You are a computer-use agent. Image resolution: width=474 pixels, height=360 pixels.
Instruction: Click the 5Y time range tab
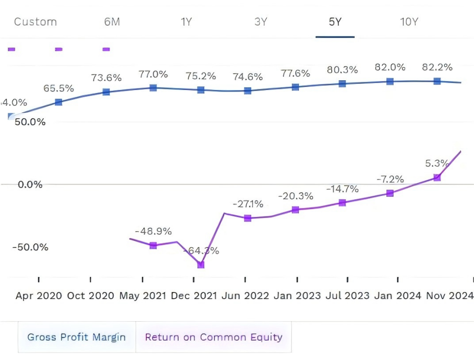coord(335,22)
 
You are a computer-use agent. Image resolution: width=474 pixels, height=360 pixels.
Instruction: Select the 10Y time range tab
coord(409,22)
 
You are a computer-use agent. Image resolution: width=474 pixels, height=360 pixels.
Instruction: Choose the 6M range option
coord(112,22)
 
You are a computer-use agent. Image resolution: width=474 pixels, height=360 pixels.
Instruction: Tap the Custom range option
coord(35,22)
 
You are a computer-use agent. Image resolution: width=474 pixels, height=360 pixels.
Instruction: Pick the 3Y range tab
coord(261,22)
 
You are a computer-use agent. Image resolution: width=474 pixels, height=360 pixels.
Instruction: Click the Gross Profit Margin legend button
coord(77,337)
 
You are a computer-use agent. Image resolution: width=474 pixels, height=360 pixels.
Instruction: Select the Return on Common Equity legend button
coord(213,337)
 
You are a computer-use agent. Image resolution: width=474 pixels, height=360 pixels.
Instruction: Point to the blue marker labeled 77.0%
coord(153,88)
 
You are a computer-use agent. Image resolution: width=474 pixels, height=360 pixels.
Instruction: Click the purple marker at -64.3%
coord(201,264)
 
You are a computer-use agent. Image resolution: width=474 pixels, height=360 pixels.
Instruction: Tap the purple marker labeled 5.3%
coord(437,177)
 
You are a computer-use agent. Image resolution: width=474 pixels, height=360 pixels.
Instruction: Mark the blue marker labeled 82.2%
coord(437,81)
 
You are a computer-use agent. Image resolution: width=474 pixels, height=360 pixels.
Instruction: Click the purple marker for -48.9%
coord(153,245)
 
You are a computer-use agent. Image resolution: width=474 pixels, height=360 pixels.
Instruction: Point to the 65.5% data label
coord(58,88)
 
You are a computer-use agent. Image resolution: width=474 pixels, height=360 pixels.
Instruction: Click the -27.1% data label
coord(248,205)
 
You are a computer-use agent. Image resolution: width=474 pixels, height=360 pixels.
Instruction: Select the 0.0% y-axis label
coord(30,185)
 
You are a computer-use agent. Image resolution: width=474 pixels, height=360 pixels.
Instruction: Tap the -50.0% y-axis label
coord(30,247)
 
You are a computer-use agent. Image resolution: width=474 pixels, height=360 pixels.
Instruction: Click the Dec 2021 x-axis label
coord(193,296)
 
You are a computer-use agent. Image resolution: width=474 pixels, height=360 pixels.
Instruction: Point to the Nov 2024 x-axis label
coord(449,296)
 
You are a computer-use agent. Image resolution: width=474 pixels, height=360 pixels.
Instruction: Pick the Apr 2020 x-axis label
coord(39,296)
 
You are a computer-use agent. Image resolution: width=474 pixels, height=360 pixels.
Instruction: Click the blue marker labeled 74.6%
coord(248,91)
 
